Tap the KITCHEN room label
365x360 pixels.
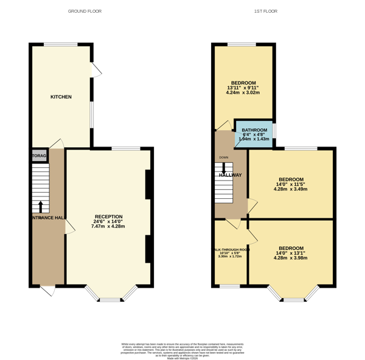[x=61, y=97]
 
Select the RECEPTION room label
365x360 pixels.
[x=108, y=216]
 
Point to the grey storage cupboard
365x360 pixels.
[x=38, y=156]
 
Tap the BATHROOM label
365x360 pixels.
[x=254, y=130]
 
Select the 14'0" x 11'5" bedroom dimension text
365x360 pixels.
[x=291, y=184]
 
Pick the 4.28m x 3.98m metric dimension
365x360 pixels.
[x=291, y=258]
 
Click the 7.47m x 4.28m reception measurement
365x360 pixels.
[x=108, y=226]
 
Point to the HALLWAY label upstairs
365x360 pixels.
[x=231, y=175]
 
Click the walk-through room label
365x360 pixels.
[x=231, y=250]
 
